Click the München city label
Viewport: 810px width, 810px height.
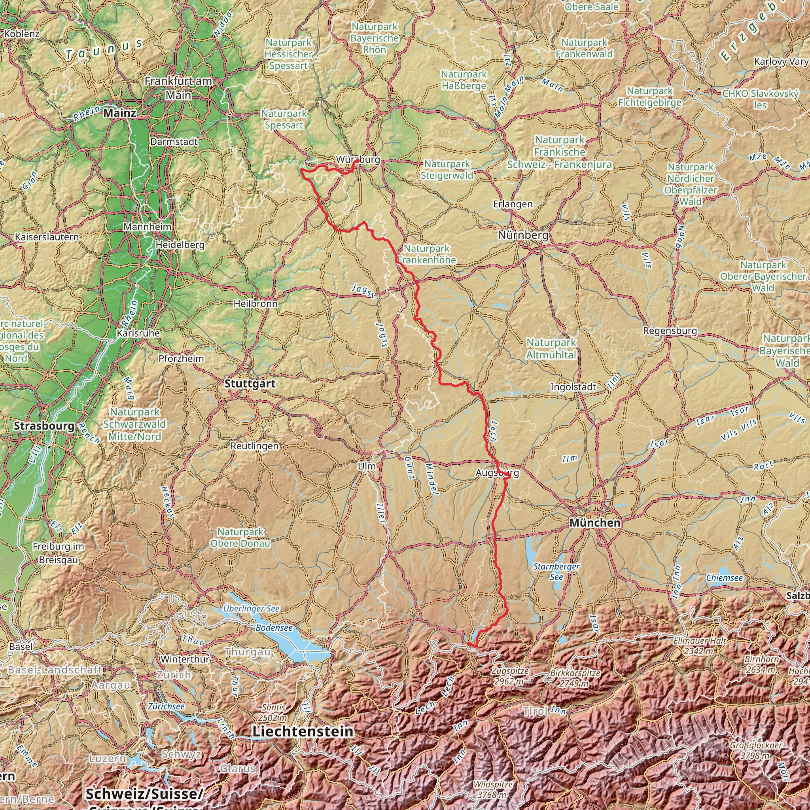[x=595, y=523]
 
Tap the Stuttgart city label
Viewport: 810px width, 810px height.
[x=250, y=384]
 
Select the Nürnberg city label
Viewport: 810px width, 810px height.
[x=523, y=235]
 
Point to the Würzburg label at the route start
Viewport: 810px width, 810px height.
[x=358, y=160]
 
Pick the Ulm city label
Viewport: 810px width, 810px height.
[x=367, y=466]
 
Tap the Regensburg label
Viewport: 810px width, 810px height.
[x=670, y=331]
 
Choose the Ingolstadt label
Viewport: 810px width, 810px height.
[x=573, y=387]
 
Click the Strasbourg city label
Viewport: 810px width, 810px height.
[x=44, y=426]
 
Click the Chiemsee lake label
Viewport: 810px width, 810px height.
[x=724, y=578]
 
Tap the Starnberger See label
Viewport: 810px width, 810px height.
[x=556, y=572]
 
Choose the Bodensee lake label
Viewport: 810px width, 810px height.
[x=274, y=628]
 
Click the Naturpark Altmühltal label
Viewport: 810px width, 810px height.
[x=551, y=348]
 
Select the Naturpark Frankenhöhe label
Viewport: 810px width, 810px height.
[x=427, y=254]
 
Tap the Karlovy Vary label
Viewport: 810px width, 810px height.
[x=780, y=62]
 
